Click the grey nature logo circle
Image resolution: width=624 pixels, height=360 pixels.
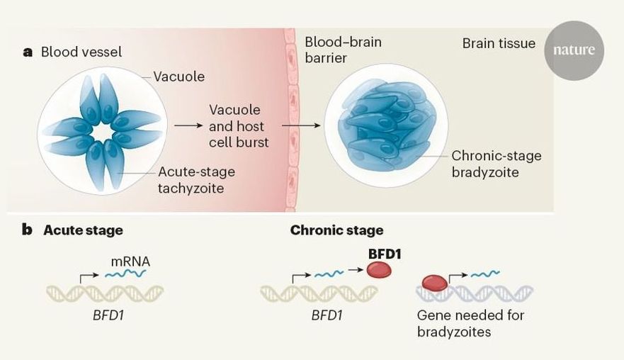click(574, 50)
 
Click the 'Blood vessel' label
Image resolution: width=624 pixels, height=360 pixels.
click(81, 52)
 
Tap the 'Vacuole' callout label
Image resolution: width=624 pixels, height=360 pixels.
click(178, 76)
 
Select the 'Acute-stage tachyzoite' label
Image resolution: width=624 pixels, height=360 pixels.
click(196, 180)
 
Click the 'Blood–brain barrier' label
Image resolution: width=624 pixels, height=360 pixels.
click(343, 50)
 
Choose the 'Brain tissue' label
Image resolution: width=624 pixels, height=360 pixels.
click(499, 43)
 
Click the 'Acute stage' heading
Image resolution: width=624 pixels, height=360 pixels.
click(83, 230)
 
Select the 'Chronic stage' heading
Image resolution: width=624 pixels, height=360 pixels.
click(336, 230)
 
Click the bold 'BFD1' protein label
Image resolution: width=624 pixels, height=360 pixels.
click(385, 253)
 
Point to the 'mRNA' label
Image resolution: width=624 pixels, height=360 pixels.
click(130, 261)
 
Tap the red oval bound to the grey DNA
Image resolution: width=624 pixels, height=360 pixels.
click(435, 283)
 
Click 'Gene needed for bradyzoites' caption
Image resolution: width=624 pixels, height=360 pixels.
click(470, 323)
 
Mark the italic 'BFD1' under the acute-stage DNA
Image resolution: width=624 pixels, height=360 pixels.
click(104, 314)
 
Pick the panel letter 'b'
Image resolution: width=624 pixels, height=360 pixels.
click(27, 230)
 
